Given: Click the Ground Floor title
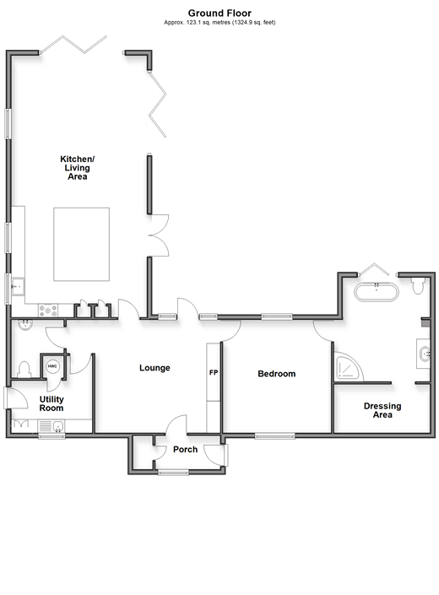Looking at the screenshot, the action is coord(219,14).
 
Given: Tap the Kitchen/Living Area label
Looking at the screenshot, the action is coord(78,168).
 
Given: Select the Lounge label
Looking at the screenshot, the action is coord(154,368).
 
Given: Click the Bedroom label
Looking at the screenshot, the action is coord(277,374).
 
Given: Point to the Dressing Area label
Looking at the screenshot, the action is coord(382,410).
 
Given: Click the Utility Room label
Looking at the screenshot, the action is coord(51,403).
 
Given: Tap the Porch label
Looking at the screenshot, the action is coord(185,450).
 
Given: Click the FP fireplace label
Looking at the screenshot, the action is coord(214,373).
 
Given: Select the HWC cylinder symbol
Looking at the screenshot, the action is coord(52,366).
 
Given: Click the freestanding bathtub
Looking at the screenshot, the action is coord(377,292).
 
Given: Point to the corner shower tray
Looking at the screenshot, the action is coord(347,367).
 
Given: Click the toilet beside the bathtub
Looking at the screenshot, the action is coord(418,285).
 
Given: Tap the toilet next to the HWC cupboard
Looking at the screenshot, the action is coord(24,370).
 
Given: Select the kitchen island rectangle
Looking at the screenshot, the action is coord(82,245).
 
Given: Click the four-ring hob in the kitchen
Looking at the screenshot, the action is coord(48,310).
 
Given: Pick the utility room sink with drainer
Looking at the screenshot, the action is coord(51,425).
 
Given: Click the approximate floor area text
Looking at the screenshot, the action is coord(219,23).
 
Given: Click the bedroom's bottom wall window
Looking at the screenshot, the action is coord(274,436).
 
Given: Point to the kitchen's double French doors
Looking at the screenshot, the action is coord(159,235).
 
